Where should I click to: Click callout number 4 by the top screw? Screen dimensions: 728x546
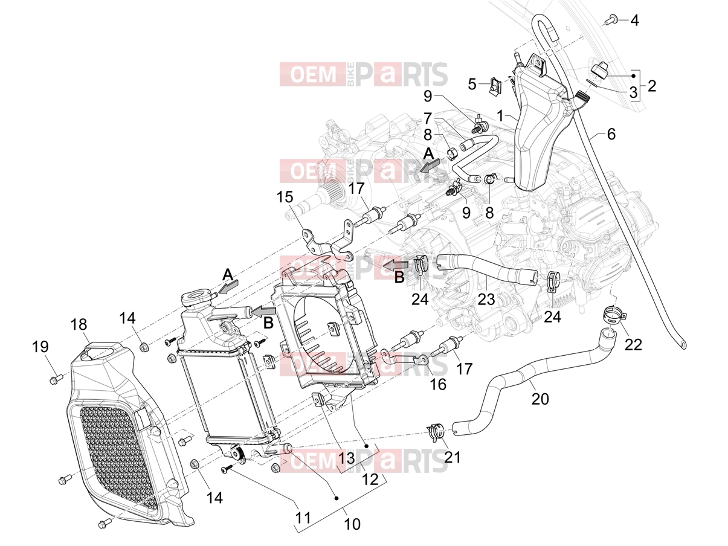[x=634, y=21]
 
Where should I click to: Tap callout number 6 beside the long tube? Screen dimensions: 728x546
[x=611, y=134]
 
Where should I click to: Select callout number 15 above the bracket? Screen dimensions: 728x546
[x=285, y=198]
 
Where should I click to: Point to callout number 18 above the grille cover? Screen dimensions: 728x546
[x=79, y=324]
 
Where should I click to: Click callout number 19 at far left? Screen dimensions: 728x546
[x=40, y=347]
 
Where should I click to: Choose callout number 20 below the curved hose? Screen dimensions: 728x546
[x=540, y=399]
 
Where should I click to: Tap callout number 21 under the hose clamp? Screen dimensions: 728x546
[x=453, y=457]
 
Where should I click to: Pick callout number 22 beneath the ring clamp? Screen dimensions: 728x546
[x=634, y=345]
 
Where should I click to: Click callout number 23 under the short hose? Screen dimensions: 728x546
[x=486, y=300]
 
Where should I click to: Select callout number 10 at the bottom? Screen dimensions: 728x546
[x=352, y=524]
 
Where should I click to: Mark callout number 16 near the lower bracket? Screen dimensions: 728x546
[x=438, y=384]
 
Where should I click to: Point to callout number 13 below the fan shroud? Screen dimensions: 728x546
[x=347, y=458]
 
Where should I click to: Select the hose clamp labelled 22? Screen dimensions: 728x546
[x=614, y=314]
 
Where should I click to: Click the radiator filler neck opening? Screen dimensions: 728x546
[x=196, y=294]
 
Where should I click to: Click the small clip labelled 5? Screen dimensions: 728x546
[x=495, y=85]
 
